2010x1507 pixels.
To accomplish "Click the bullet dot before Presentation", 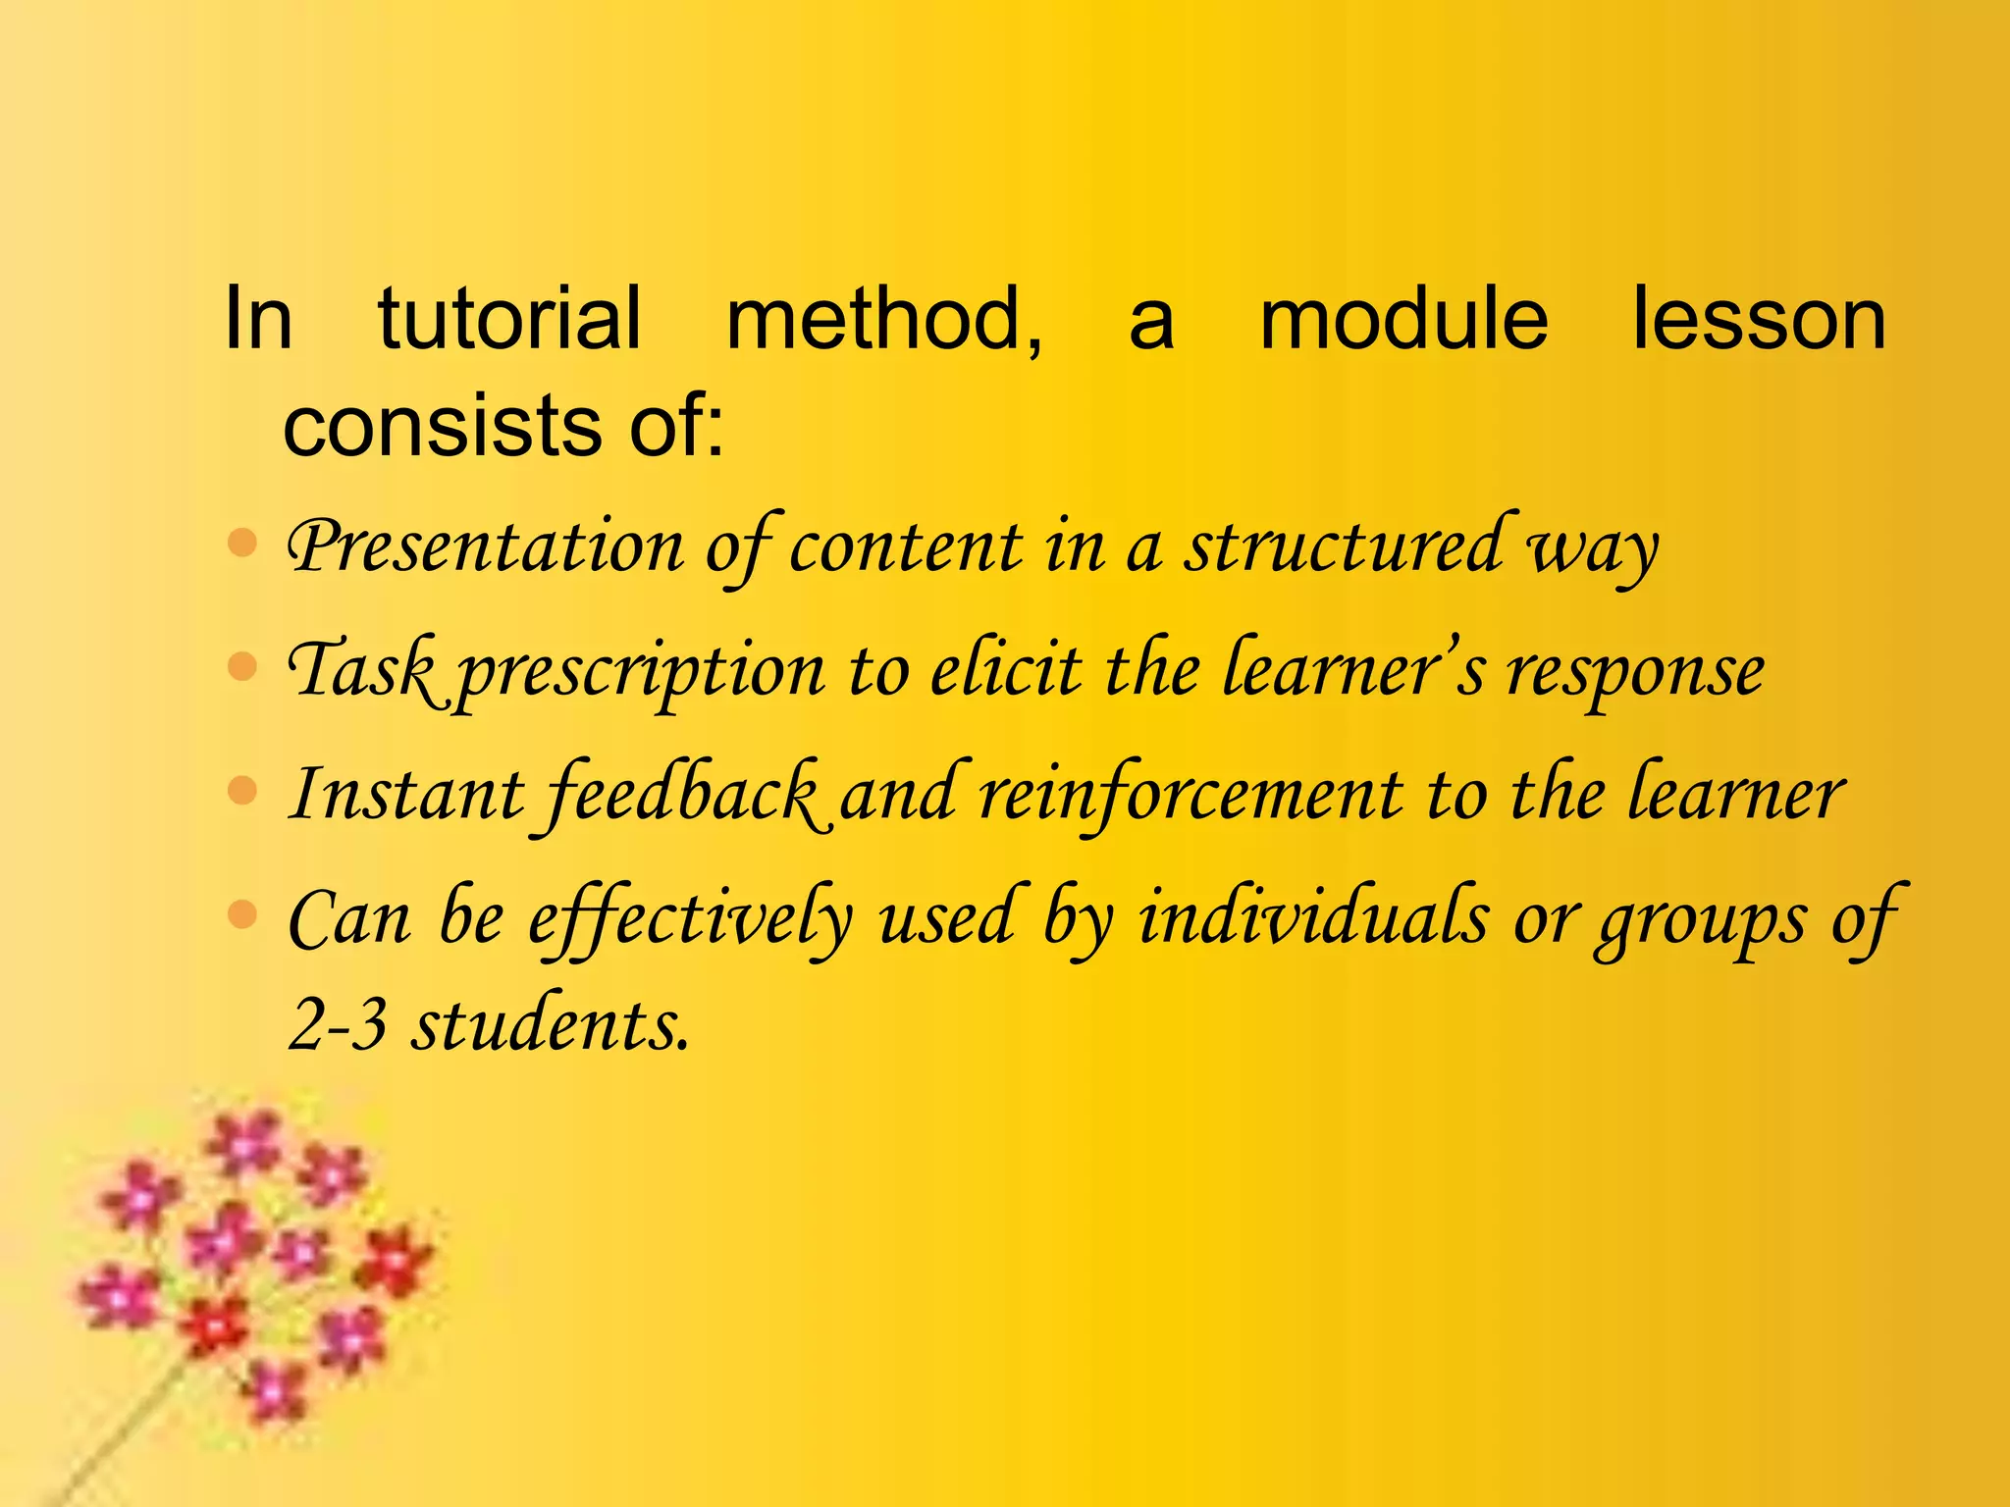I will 241,543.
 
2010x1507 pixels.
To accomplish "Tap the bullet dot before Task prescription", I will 241,667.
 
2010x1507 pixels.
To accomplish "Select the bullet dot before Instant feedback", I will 241,790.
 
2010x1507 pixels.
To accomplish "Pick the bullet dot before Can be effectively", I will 241,914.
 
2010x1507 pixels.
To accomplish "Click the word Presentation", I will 485,547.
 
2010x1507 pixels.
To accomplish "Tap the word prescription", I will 642,673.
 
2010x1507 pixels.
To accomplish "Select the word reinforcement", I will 1190,795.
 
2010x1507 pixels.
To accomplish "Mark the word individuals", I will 1313,918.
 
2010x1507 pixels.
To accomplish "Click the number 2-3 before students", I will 338,1026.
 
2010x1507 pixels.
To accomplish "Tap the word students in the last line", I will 550,1024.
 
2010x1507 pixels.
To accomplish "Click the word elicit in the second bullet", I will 1006,671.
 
